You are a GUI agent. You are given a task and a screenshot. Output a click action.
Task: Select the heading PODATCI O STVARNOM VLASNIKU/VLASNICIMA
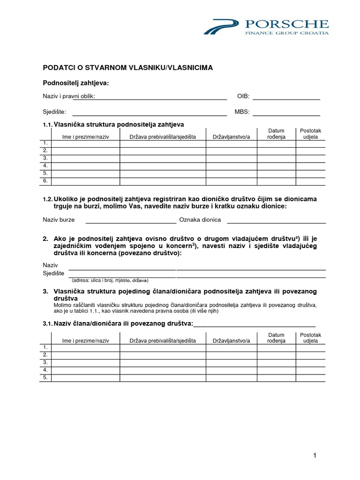[128, 67]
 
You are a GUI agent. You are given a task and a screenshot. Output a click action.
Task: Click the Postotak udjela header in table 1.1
[310, 134]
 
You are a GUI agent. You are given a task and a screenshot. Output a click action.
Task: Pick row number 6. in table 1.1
[45, 180]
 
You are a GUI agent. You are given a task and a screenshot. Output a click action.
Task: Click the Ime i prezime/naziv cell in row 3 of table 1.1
[85, 158]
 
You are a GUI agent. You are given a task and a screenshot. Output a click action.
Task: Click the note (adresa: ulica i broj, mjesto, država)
[110, 280]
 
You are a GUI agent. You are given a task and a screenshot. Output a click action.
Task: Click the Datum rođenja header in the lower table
[276, 338]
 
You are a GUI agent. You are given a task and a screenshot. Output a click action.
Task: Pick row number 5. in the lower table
[45, 377]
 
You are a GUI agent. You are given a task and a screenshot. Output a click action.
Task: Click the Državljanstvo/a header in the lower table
[231, 341]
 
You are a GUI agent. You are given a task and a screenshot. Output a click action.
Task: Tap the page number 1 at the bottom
[315, 455]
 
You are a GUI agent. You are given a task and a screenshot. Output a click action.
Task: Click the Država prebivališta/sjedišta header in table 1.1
[163, 136]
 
